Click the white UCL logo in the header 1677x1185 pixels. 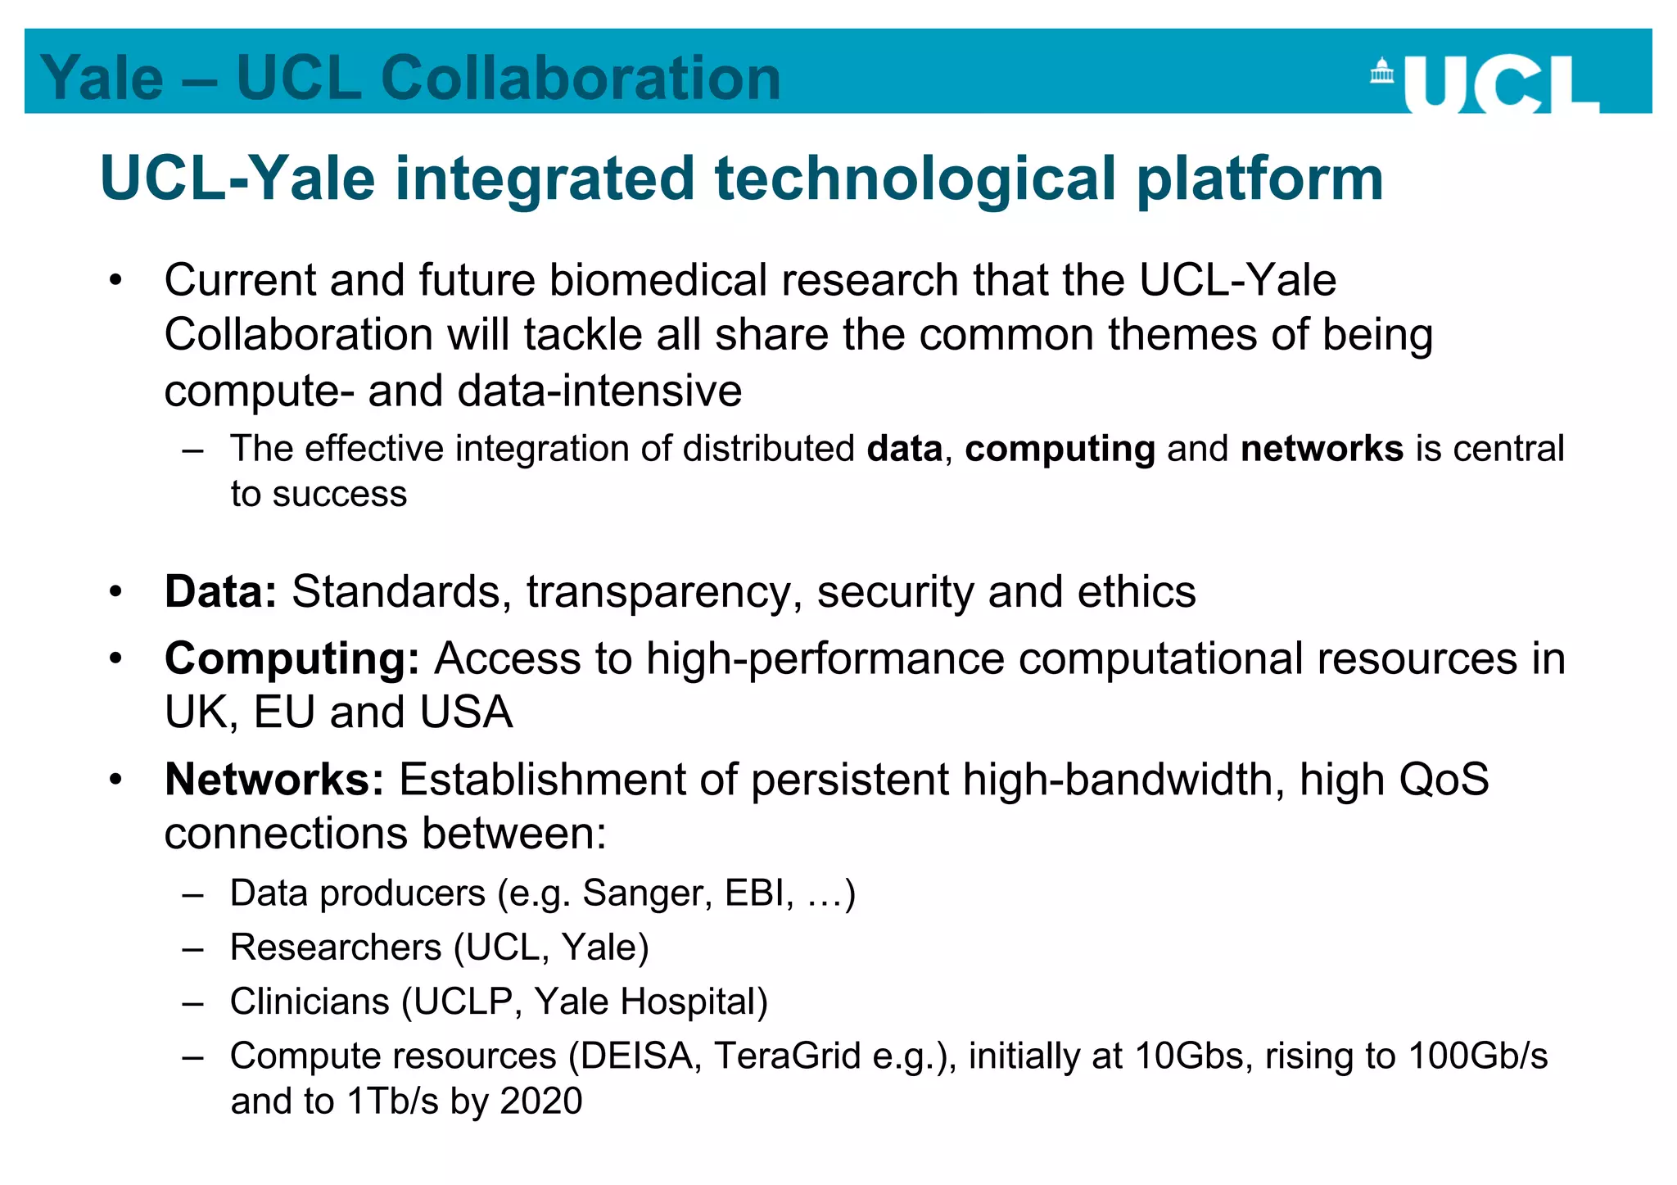(1501, 84)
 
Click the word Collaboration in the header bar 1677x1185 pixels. (581, 79)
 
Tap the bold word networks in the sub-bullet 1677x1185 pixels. (1322, 449)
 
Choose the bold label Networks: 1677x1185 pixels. (274, 779)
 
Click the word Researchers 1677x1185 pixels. (336, 948)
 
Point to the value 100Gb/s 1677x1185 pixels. (1477, 1056)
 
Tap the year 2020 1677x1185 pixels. (541, 1101)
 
